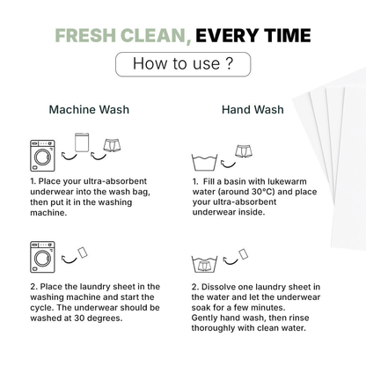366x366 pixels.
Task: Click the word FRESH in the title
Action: pos(85,35)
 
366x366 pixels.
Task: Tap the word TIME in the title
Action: pos(288,35)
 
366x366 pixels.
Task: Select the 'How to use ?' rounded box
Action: pos(183,64)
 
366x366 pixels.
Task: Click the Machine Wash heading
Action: pos(89,109)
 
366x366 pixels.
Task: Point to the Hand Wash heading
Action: pos(253,109)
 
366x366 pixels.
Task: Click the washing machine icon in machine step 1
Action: pos(42,156)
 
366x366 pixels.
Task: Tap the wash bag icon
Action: pos(82,143)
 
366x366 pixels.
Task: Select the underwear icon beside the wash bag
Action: pos(112,145)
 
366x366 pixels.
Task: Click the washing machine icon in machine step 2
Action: pos(42,257)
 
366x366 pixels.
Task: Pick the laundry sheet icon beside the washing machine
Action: pos(83,253)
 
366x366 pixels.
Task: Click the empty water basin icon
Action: pos(205,162)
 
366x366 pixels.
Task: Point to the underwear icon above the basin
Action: pos(244,151)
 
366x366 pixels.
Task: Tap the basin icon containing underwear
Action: pos(204,264)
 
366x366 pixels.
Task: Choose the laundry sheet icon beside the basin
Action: pos(243,254)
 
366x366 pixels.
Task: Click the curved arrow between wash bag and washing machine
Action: pos(70,157)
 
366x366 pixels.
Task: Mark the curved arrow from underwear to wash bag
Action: pos(99,157)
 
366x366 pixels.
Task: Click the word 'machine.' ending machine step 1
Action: pos(48,213)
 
